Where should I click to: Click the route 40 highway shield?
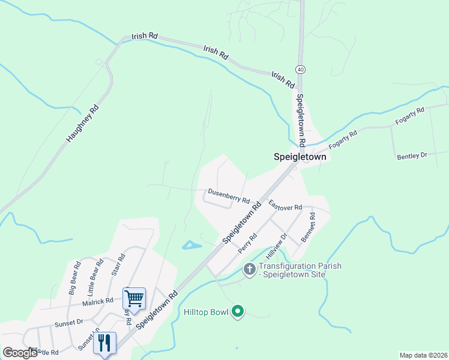300,70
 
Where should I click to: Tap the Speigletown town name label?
300,157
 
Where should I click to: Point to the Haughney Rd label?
82,125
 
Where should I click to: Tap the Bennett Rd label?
309,227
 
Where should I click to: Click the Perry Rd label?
248,242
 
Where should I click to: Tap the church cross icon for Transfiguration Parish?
250,270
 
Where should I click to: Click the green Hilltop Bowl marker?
238,311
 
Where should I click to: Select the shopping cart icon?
134,298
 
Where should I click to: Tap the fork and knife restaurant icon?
104,343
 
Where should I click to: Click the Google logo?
20,353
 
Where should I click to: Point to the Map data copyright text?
424,355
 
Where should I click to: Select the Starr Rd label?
119,265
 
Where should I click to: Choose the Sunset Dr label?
69,322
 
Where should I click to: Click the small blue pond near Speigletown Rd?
191,245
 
